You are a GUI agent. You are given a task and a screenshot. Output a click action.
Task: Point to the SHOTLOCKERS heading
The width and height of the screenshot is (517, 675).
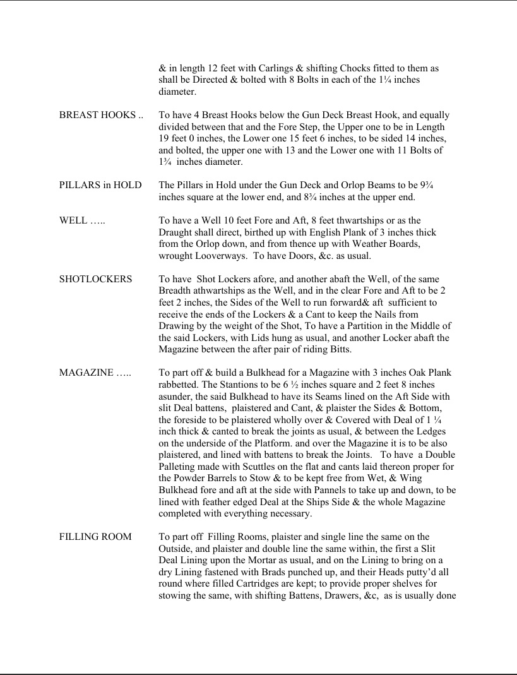[x=95, y=279]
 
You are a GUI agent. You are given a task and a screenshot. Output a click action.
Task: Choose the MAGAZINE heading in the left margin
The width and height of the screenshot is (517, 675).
[x=95, y=373]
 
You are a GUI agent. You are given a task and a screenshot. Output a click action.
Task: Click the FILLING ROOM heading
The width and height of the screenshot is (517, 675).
[x=95, y=537]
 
